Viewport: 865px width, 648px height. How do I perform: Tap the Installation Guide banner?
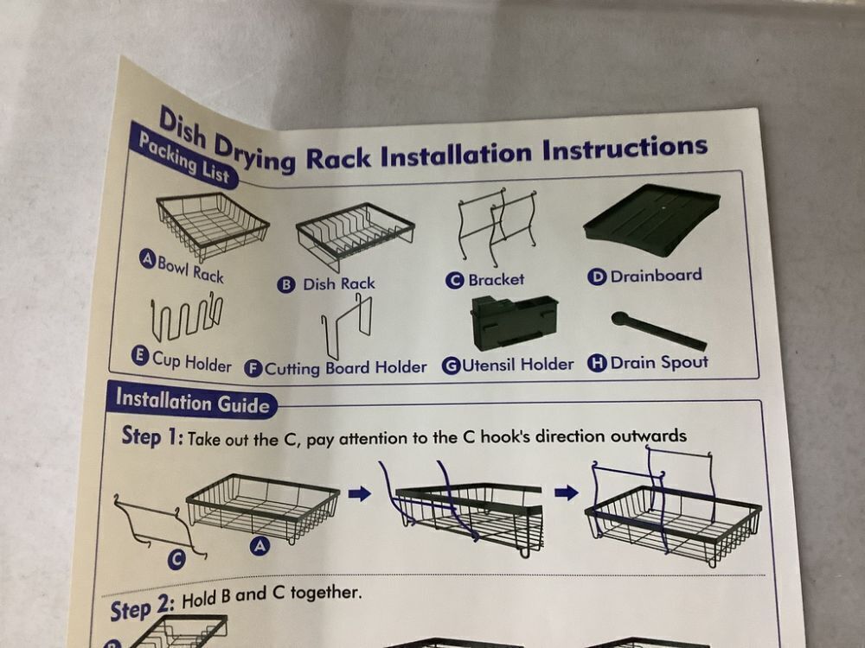193,403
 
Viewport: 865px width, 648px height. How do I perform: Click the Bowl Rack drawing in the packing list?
212,225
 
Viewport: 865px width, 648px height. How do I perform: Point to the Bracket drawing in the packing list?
496,226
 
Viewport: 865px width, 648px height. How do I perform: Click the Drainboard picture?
652,219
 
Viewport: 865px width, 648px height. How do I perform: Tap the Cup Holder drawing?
185,319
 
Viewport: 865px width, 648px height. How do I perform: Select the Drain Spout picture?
657,331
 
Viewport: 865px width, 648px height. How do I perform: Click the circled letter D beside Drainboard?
596,277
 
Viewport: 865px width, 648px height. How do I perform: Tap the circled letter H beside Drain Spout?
597,363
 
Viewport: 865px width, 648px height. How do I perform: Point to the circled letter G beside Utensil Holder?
450,366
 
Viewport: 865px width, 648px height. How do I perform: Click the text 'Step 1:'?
152,436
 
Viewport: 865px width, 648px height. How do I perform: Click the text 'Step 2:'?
141,609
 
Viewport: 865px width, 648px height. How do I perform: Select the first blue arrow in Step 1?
360,493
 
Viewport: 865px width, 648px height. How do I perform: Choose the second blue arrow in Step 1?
567,492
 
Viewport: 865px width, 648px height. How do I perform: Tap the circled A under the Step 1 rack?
259,545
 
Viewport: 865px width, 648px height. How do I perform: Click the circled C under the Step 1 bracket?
177,561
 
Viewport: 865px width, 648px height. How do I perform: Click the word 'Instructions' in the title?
625,149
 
